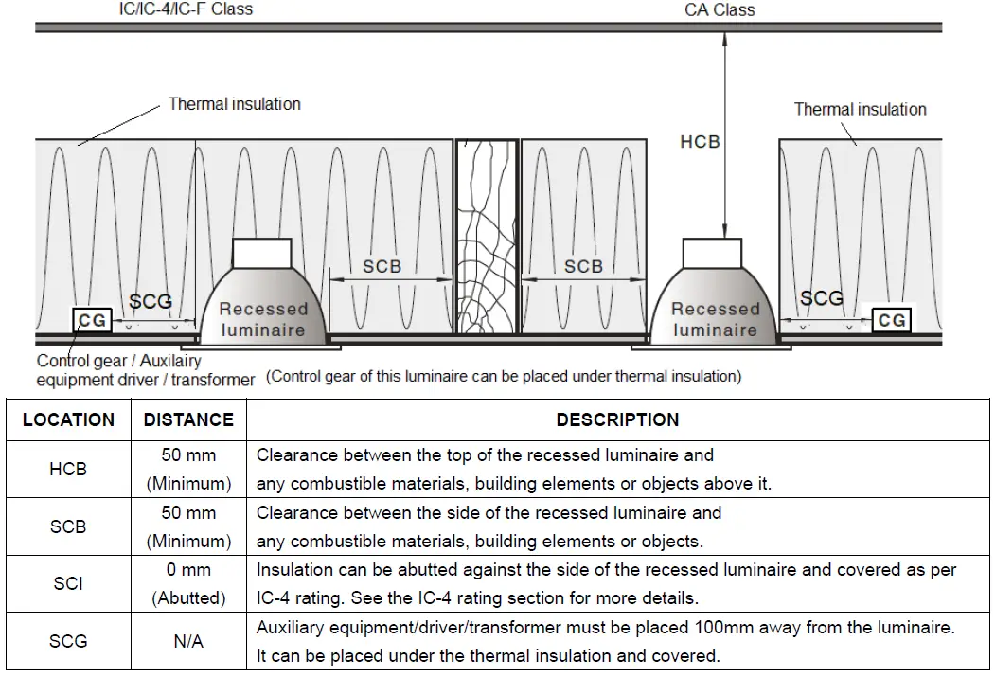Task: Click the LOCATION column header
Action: point(68,419)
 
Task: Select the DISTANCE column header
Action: point(188,419)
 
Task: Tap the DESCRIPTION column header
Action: point(617,419)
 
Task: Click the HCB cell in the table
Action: point(68,469)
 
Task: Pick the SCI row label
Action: point(68,584)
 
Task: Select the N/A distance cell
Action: point(188,642)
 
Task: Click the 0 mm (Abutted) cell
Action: point(188,584)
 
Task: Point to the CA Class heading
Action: point(720,10)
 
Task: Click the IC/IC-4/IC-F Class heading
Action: point(186,9)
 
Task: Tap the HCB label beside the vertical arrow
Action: point(701,142)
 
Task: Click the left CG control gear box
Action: point(92,321)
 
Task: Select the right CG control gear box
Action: point(892,320)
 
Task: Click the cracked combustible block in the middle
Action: point(487,237)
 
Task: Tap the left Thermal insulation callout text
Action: point(234,104)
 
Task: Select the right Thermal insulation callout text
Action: point(860,110)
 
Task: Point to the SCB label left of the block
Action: point(382,267)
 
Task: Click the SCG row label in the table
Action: point(68,642)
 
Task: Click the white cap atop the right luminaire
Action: point(712,252)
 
